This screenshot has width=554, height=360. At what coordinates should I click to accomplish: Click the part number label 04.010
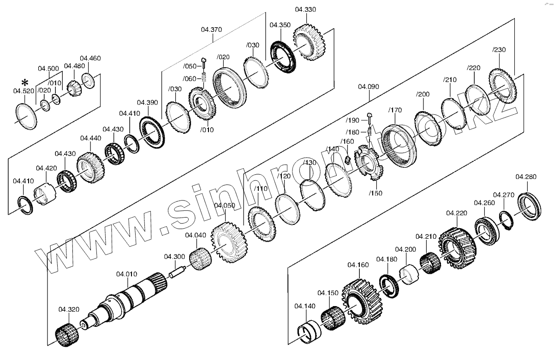pyautogui.click(x=126, y=274)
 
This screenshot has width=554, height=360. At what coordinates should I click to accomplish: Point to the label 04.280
pyautogui.click(x=526, y=177)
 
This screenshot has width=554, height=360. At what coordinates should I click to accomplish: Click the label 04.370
pyautogui.click(x=212, y=30)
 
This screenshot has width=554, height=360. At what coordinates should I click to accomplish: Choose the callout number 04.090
pyautogui.click(x=368, y=86)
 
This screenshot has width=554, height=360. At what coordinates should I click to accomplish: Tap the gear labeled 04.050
pyautogui.click(x=229, y=243)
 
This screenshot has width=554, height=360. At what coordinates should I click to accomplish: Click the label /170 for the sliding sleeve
pyautogui.click(x=395, y=110)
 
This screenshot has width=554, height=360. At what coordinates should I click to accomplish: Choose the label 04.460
pyautogui.click(x=90, y=58)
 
